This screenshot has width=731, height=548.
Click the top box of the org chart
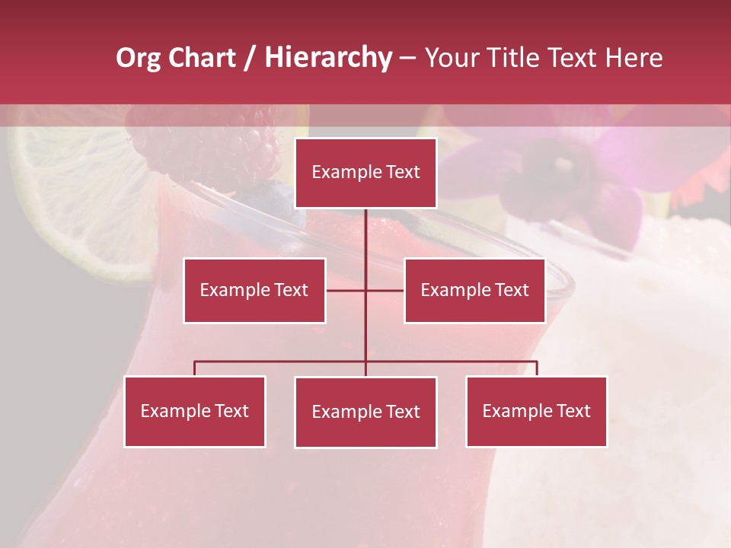(365, 173)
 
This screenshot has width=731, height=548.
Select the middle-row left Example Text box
(254, 290)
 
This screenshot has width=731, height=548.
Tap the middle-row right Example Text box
(474, 290)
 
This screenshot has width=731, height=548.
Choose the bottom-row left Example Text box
(195, 411)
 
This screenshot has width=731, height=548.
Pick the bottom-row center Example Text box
(365, 412)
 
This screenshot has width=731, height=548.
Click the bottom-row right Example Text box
(536, 411)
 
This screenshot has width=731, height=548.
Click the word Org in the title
(138, 59)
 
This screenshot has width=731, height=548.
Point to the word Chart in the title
(201, 58)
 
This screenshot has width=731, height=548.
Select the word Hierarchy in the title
(328, 59)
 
